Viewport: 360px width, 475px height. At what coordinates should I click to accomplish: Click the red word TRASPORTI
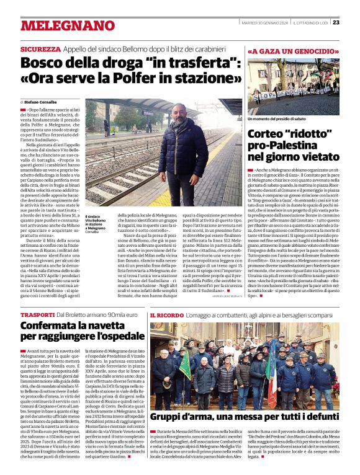point(37,316)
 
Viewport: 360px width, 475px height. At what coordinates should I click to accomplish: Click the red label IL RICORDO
point(166,316)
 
